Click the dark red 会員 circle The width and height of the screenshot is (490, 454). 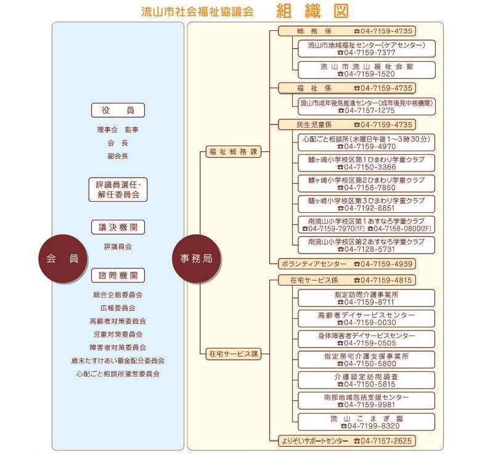(62, 258)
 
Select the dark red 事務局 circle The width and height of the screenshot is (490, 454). (196, 258)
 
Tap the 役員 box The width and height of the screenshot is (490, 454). (118, 110)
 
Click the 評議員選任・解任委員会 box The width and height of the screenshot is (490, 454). (118, 189)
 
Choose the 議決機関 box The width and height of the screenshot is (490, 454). (118, 228)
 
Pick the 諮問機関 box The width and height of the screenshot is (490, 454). (118, 276)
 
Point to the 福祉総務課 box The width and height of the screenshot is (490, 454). (234, 152)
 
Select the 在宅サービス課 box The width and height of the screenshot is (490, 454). (234, 354)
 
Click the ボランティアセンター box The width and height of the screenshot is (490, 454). (347, 264)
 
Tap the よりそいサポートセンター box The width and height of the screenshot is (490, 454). (347, 441)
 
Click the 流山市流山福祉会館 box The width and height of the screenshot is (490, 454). (367, 70)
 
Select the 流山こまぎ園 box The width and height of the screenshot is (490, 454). (367, 422)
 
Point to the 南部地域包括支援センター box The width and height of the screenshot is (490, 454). (367, 401)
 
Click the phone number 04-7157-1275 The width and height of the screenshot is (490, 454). (367, 110)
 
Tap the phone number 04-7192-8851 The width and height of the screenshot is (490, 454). (367, 208)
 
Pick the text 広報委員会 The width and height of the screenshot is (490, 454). (118, 308)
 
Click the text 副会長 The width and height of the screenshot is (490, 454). (118, 156)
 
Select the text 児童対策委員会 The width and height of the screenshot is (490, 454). (118, 334)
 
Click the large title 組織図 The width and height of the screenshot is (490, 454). (312, 11)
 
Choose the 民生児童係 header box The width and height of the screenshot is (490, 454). (347, 125)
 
